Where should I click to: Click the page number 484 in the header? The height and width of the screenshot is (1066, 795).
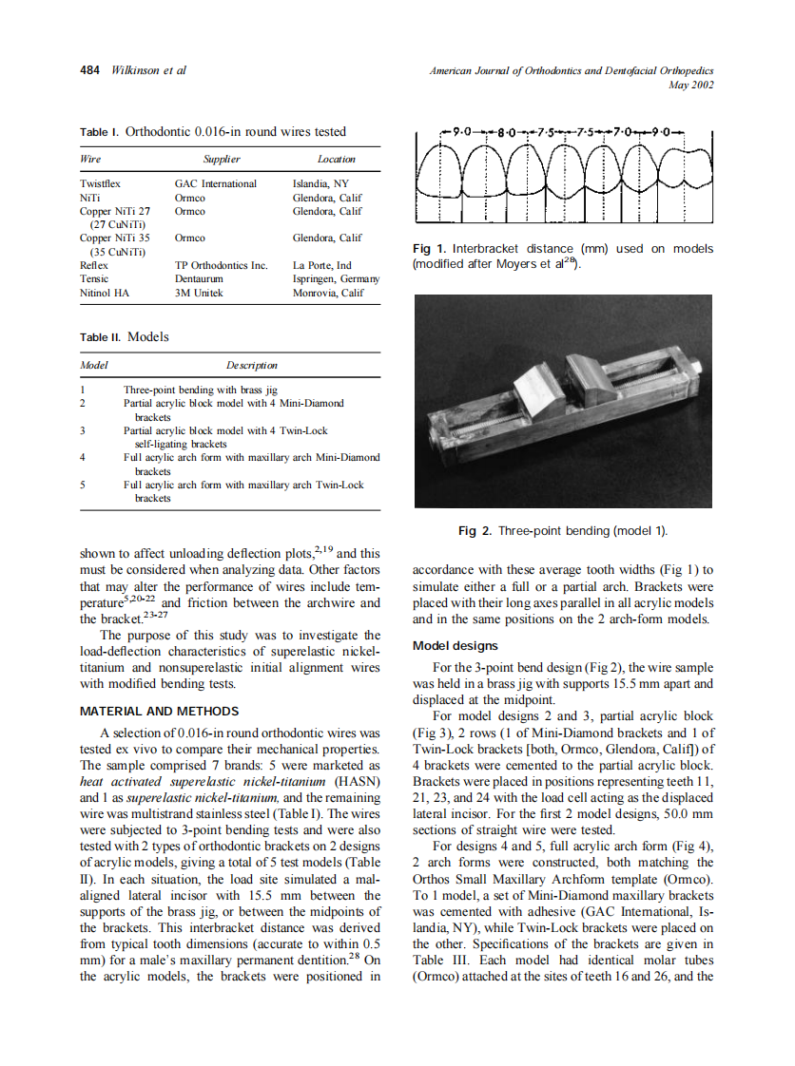point(90,70)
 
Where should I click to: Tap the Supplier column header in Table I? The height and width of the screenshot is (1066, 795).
point(222,160)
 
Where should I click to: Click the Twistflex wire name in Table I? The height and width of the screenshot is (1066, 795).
point(100,183)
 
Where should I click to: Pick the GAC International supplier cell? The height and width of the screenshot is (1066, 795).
point(216,183)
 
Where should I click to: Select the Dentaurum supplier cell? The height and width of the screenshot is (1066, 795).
point(199,279)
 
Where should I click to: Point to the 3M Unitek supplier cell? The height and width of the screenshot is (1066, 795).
point(200,293)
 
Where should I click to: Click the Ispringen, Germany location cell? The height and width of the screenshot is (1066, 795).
point(336,279)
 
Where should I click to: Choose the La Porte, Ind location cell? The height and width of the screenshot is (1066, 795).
point(321,265)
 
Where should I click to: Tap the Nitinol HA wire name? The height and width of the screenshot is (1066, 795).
point(105,293)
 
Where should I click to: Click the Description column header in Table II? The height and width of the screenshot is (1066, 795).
point(251,365)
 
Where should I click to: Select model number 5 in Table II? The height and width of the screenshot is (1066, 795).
point(84,485)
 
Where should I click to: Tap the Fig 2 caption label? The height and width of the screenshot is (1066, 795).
point(475,530)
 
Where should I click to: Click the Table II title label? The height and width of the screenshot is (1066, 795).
point(100,337)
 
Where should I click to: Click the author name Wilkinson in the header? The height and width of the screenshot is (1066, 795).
point(137,70)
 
